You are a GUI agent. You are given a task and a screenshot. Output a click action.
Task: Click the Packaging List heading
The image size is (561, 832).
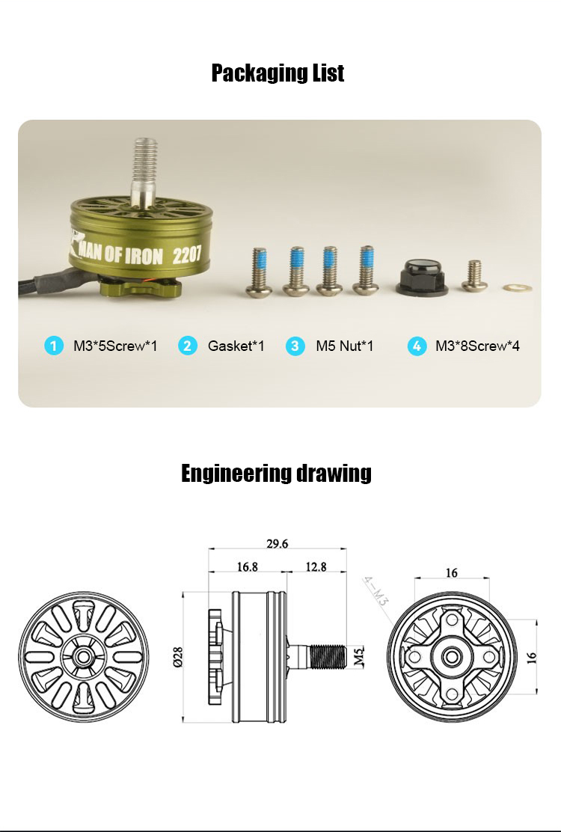[x=278, y=73]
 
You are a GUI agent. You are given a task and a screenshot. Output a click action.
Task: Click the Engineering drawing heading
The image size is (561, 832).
[x=276, y=473]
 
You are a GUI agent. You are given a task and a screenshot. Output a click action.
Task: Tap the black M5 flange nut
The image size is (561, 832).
[x=422, y=277]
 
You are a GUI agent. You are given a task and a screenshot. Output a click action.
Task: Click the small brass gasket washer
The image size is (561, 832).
[x=517, y=288]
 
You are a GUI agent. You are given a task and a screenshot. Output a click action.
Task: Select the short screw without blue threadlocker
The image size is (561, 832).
[x=474, y=276]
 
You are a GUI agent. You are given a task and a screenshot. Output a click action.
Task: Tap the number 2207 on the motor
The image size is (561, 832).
[x=187, y=254]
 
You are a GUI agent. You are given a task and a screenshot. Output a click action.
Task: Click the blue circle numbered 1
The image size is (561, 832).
[x=54, y=346]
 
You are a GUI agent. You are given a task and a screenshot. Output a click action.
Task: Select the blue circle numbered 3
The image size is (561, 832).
[x=295, y=346]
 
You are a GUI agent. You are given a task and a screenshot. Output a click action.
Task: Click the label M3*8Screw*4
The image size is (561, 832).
[x=477, y=346]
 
